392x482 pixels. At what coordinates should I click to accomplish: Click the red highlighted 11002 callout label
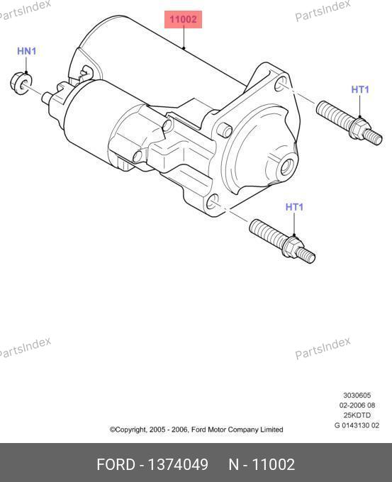click(x=184, y=19)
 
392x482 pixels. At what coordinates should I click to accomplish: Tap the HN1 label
click(x=26, y=51)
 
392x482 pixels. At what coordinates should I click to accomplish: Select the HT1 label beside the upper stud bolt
click(x=360, y=89)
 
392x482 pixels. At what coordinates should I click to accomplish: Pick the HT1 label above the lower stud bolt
click(x=294, y=207)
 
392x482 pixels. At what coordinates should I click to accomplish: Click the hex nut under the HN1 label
click(x=21, y=83)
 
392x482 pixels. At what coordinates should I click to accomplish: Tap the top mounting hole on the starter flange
click(x=280, y=84)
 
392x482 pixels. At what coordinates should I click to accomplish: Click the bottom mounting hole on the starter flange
click(x=212, y=202)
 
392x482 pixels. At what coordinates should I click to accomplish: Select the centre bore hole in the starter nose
click(x=286, y=167)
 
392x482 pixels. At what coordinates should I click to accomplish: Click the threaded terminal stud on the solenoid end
click(x=47, y=98)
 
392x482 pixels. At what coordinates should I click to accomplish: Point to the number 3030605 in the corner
click(x=357, y=396)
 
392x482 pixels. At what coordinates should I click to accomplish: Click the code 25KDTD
click(x=357, y=415)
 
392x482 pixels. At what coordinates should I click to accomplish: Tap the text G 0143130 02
click(x=357, y=425)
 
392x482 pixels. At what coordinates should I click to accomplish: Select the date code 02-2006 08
click(x=357, y=405)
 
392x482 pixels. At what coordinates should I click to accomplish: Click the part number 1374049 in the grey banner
click(x=178, y=464)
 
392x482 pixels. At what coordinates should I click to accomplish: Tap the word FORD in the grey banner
click(x=116, y=464)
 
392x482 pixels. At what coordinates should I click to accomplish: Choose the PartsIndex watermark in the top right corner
click(x=323, y=11)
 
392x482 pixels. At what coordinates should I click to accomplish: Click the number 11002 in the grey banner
click(x=274, y=464)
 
